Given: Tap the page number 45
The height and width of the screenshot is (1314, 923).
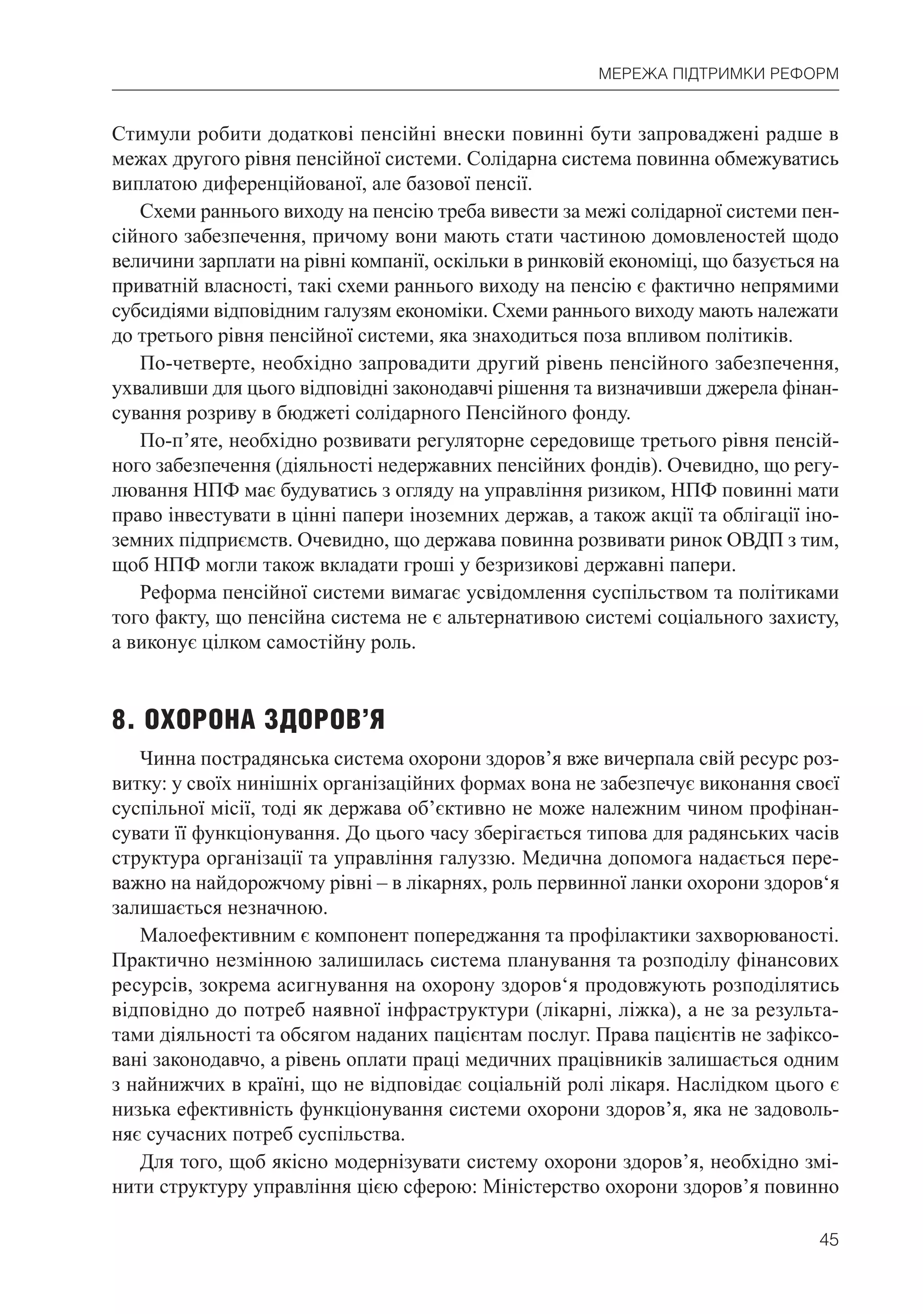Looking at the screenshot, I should click(x=828, y=1255).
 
